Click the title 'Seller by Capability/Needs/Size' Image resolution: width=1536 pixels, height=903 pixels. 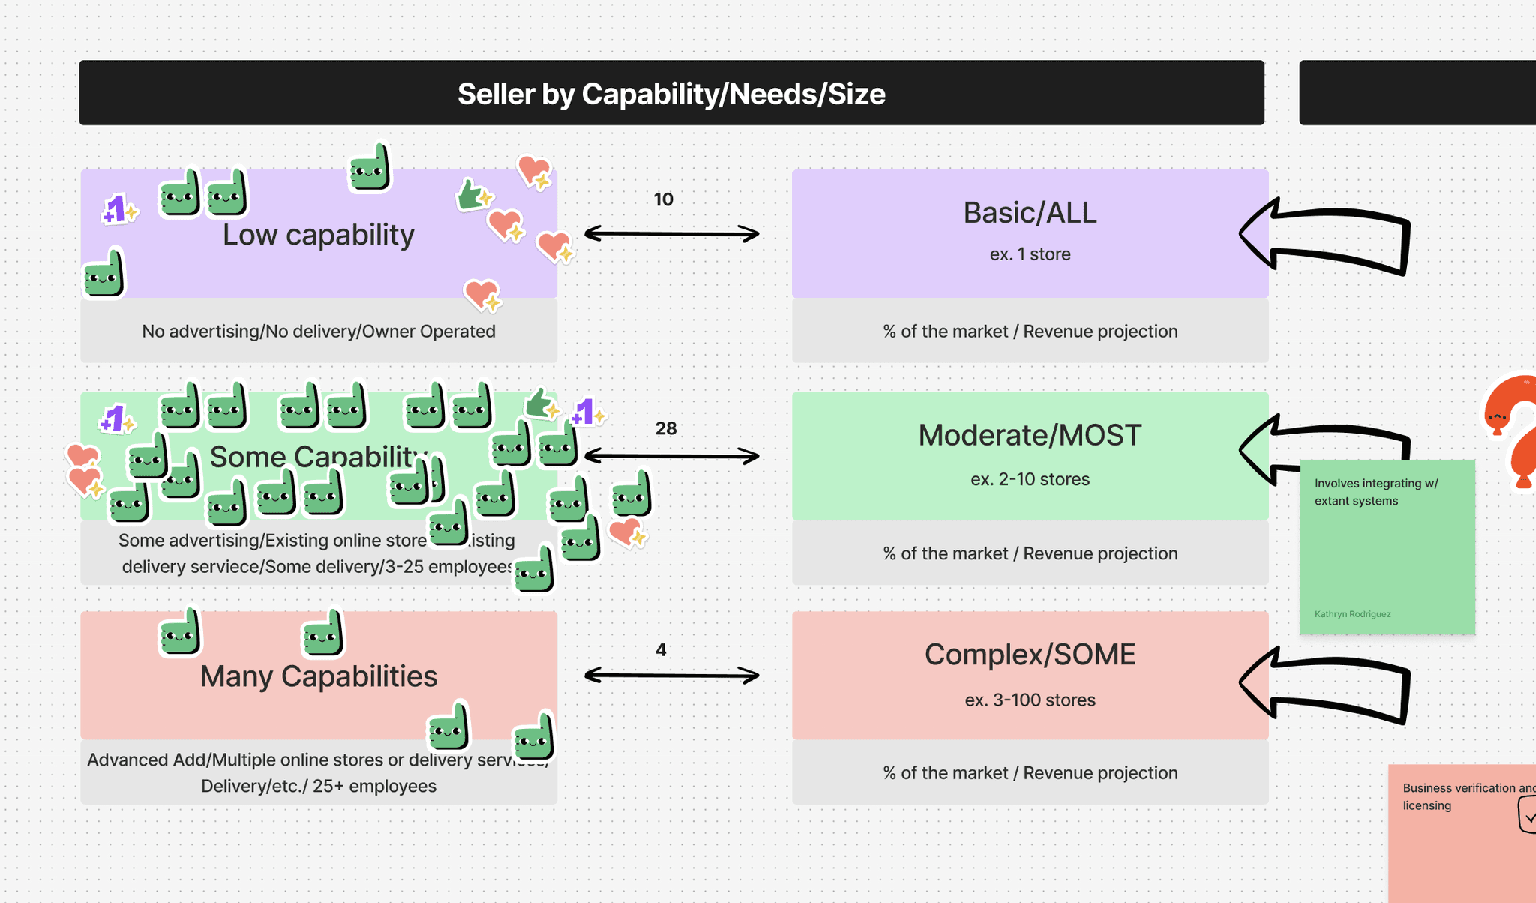click(x=671, y=94)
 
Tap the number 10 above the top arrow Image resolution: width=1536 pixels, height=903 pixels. click(x=664, y=199)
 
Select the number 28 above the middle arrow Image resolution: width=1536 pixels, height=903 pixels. click(x=666, y=428)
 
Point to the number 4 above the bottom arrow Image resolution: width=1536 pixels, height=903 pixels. click(x=661, y=649)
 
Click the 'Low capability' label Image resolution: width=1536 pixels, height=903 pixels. click(x=318, y=235)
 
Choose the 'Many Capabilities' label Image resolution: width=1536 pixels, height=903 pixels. click(x=318, y=676)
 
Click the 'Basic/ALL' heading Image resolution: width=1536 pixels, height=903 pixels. click(x=1030, y=213)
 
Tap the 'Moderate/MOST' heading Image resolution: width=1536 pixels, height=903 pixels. click(x=1030, y=435)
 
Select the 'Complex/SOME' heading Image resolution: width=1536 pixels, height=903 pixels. click(x=1030, y=655)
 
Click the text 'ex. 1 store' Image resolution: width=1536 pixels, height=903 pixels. click(x=1030, y=254)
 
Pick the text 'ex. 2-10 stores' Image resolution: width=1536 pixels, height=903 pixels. click(x=1030, y=479)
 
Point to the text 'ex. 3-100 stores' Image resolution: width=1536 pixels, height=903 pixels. click(x=1030, y=700)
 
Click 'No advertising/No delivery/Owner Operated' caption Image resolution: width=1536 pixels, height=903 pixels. click(x=318, y=331)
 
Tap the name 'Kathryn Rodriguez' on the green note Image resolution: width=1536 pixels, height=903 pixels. click(x=1352, y=614)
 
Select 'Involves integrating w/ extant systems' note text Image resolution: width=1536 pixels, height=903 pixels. click(x=1376, y=492)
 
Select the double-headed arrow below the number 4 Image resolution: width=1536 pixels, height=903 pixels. click(x=671, y=676)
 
